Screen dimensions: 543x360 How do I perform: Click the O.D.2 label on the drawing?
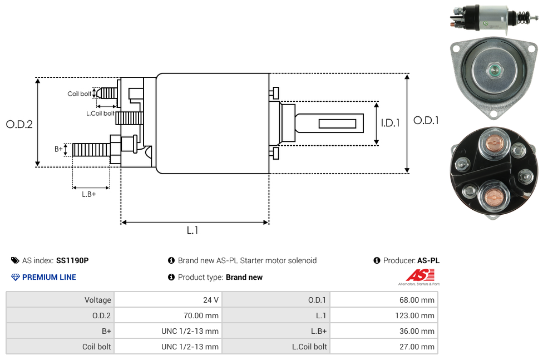coord(19,124)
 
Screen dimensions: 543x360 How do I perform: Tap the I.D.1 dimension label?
coord(391,122)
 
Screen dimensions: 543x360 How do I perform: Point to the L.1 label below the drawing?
coord(192,230)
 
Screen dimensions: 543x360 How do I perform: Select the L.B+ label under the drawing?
coord(88,194)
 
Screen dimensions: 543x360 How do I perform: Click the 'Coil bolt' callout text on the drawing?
coord(80,94)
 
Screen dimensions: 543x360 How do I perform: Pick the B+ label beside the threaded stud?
coord(58,149)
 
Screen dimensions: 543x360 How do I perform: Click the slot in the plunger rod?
coord(337,124)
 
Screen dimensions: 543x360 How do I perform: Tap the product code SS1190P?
coord(72,260)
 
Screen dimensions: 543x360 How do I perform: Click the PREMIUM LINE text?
coord(49,277)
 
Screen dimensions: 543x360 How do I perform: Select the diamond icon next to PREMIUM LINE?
coord(16,277)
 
